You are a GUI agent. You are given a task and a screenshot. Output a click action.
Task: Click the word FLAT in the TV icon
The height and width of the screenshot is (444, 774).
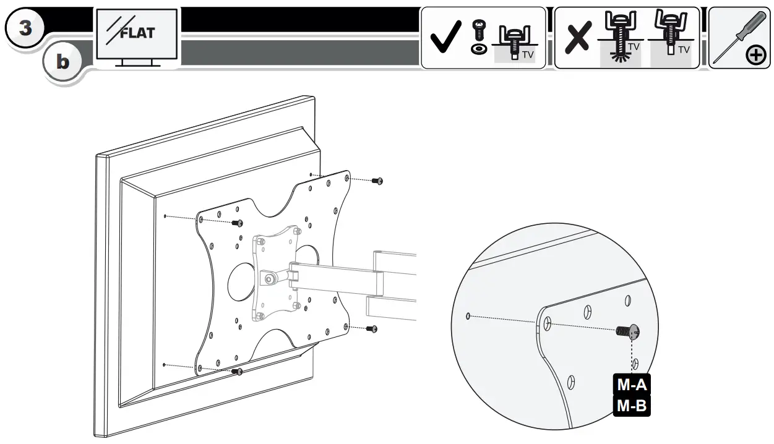[x=137, y=33]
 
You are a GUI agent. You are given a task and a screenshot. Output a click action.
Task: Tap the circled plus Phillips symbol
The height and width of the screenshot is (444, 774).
[x=755, y=56]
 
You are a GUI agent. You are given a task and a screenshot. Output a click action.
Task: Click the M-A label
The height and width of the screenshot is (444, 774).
[x=632, y=385]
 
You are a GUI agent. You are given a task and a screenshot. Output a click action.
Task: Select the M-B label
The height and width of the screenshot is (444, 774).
[x=632, y=406]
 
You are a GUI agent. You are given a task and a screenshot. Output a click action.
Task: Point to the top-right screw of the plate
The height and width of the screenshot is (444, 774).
[x=377, y=181]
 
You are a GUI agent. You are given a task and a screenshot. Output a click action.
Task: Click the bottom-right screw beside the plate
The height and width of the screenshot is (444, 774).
[x=371, y=328]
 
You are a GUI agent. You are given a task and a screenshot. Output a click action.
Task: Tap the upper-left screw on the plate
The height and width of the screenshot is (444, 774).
[x=238, y=223]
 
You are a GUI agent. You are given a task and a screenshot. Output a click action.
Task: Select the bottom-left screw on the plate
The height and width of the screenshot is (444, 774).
[x=238, y=371]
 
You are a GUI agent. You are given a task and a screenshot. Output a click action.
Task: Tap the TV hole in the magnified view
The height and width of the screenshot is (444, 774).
[x=468, y=316]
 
